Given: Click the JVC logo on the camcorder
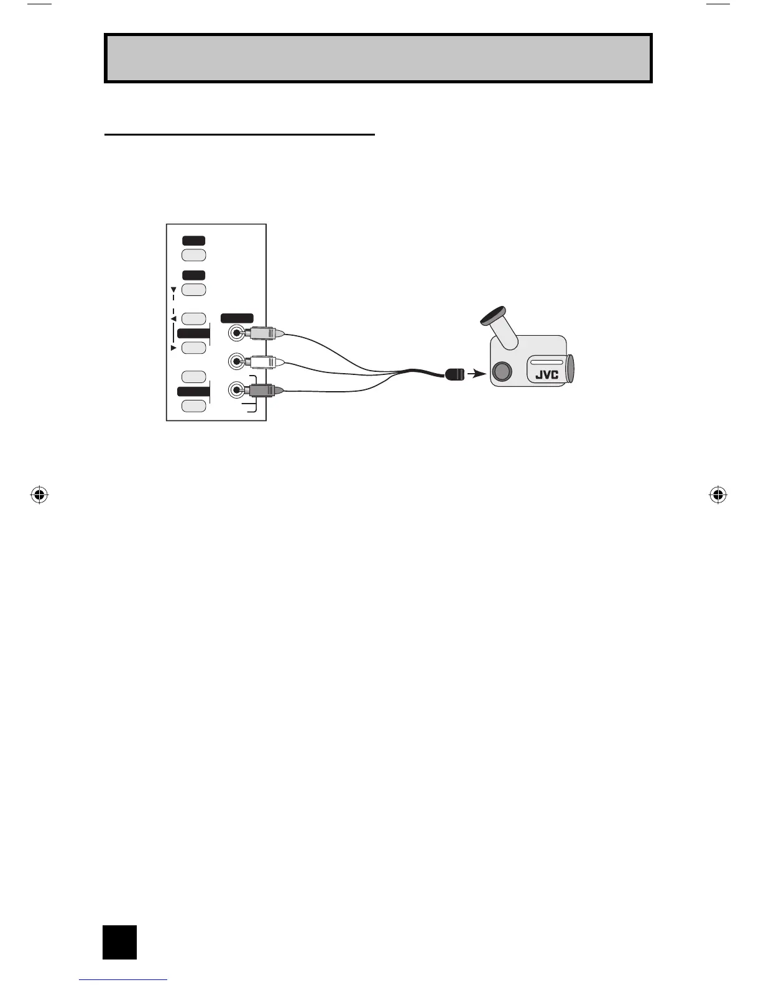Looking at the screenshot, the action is tap(547, 374).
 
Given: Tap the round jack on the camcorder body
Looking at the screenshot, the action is tap(502, 372).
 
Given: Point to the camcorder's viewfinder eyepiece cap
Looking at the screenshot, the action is tap(494, 317).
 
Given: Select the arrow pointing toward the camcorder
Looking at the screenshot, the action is tap(477, 374).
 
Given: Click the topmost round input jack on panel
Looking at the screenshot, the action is tap(236, 333).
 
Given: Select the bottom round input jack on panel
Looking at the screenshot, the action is tap(236, 391).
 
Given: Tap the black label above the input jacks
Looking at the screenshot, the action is tap(237, 318).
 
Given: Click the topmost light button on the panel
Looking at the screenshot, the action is tap(194, 255).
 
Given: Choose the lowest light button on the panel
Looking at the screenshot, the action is tap(194, 406).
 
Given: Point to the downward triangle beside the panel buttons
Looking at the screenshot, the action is tap(173, 289).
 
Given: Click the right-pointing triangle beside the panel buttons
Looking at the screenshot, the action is tap(173, 348).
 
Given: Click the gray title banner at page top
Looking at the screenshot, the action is tap(378, 58).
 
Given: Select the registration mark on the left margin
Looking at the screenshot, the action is tap(39, 495).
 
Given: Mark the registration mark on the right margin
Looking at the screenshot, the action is tap(717, 495).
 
